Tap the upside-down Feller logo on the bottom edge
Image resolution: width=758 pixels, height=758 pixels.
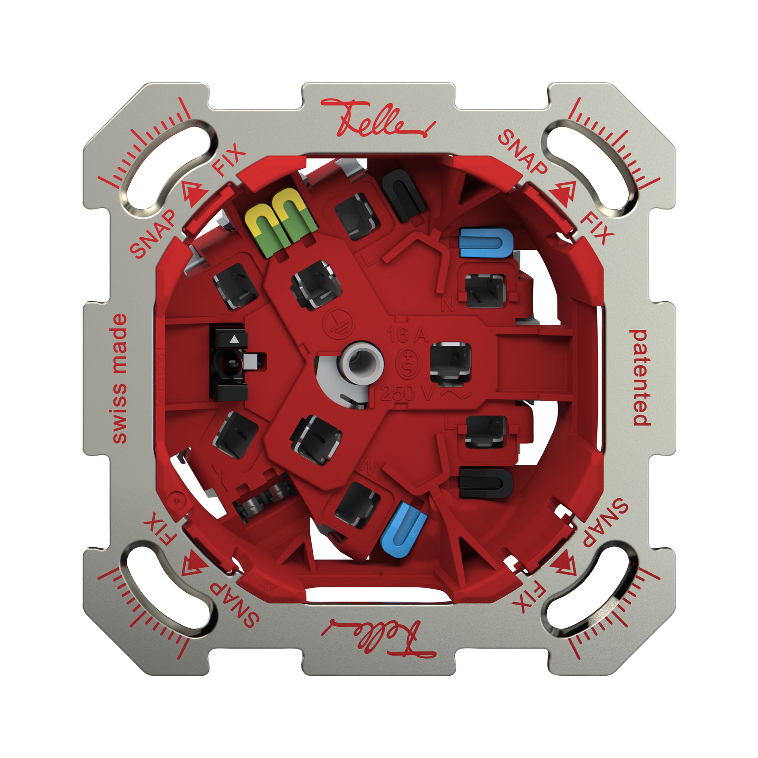tap(377, 639)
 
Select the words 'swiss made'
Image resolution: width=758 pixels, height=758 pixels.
tap(120, 379)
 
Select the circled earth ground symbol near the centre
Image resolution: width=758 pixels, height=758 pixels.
tap(338, 325)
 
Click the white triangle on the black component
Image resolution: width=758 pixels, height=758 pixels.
tap(234, 340)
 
